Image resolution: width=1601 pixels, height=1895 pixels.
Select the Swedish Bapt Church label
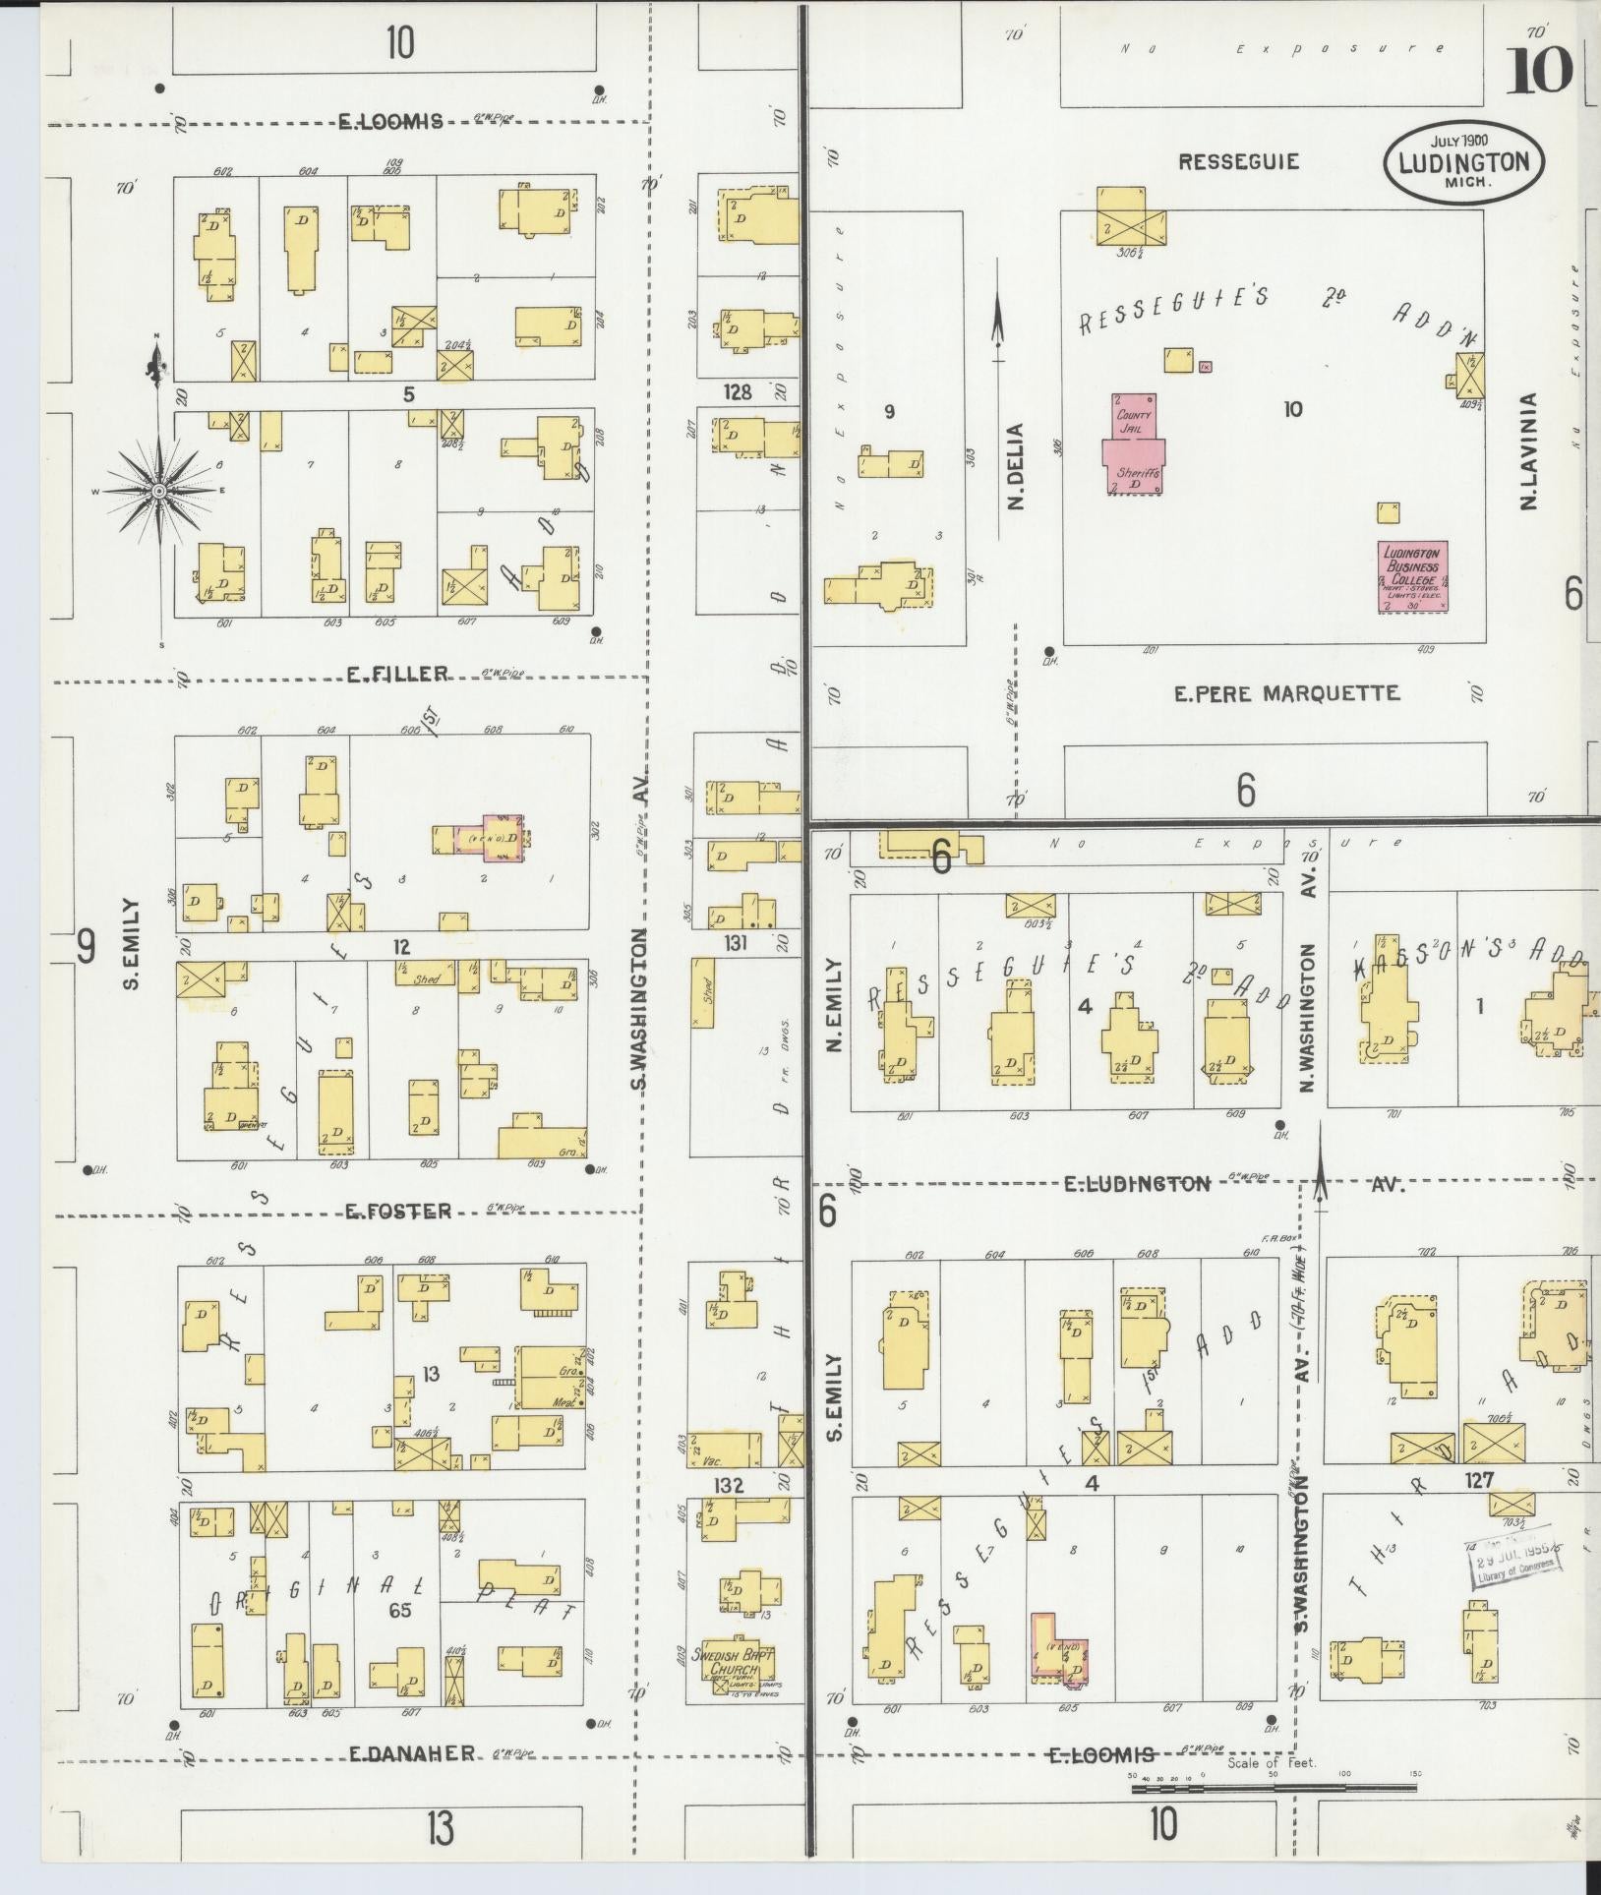coord(733,1662)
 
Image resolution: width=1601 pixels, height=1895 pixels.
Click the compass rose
coord(158,489)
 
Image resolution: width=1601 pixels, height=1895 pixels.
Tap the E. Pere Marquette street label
coord(1286,694)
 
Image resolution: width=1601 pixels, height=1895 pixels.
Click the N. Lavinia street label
coord(1528,452)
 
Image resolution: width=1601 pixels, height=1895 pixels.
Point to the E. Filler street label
coord(397,674)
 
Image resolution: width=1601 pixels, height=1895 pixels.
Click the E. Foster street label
coord(397,1212)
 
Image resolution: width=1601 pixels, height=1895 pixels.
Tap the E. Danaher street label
coord(412,1754)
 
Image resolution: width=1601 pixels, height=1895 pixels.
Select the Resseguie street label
coord(1238,161)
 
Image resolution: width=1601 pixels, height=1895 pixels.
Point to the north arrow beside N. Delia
coord(998,325)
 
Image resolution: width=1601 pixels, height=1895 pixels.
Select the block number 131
coord(736,944)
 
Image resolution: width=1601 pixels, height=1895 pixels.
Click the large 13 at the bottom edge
coord(440,1829)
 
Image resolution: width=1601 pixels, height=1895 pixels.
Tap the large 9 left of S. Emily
coord(87,947)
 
